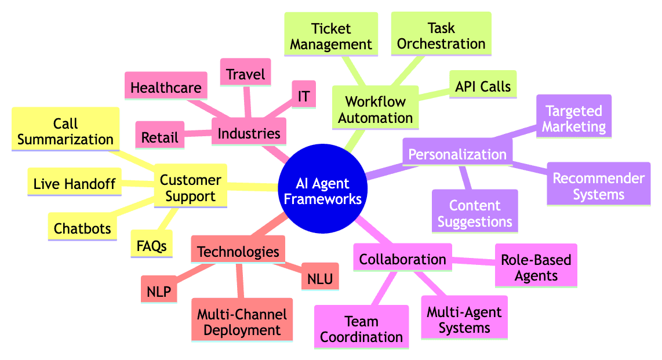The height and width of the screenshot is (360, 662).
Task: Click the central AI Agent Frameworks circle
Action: pos(322,191)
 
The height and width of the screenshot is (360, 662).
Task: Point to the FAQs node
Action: pos(149,245)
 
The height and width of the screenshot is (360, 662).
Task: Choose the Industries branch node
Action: pos(249,133)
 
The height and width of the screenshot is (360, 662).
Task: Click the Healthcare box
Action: pos(166,88)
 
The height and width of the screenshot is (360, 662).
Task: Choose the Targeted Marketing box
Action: pos(574,119)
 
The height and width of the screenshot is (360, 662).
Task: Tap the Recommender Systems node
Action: pos(598,186)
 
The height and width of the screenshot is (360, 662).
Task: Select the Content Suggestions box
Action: pos(474,213)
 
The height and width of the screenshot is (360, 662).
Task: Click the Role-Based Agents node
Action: pos(536,267)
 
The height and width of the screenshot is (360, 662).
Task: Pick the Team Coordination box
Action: pos(361,329)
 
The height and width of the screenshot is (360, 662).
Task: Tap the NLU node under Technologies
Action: pos(319,279)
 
